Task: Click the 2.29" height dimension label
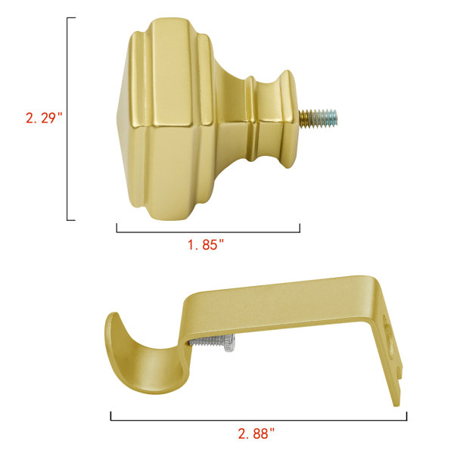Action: (44, 118)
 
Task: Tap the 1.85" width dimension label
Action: (206, 245)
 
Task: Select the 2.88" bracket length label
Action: (256, 434)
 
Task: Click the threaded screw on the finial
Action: (318, 118)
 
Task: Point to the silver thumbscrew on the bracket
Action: (213, 342)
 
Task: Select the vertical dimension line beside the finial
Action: (67, 119)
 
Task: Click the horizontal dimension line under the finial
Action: (208, 232)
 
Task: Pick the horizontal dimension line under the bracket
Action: (259, 420)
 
